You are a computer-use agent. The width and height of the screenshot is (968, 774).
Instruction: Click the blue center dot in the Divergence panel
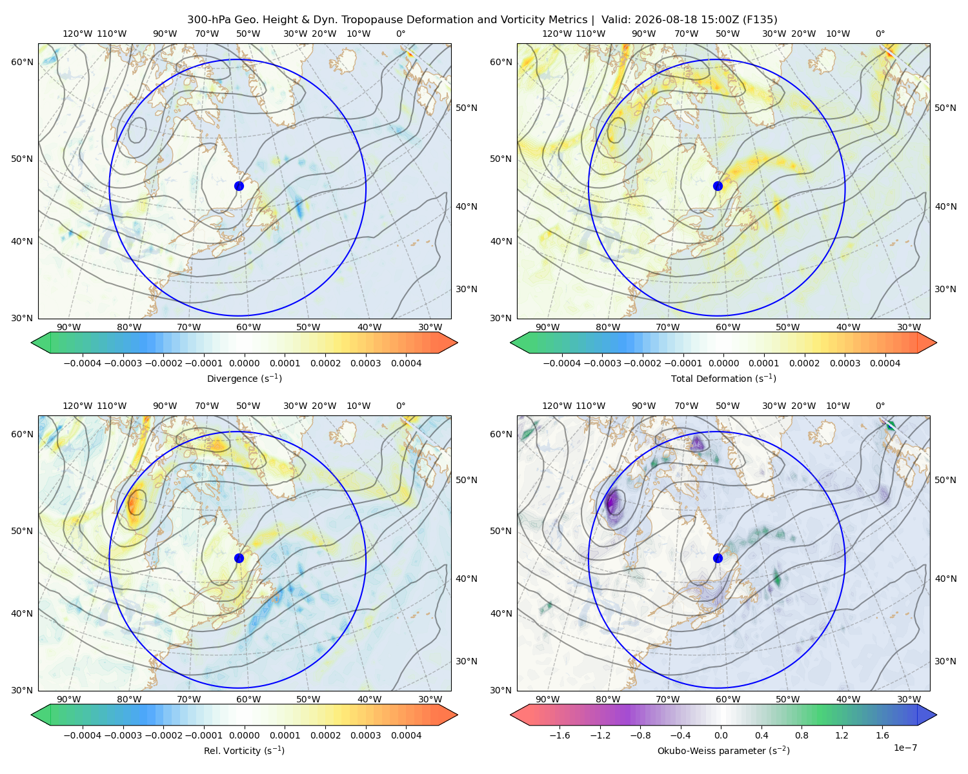239,186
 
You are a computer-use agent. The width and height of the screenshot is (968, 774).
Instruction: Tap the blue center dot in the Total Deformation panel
718,186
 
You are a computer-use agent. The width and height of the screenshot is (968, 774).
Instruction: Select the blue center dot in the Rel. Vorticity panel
239,558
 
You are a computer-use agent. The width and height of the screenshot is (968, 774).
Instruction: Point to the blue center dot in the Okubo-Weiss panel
718,558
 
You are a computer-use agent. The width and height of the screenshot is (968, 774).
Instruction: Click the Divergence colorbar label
244,378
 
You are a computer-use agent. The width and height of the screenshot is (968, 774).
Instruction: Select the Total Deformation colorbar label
723,378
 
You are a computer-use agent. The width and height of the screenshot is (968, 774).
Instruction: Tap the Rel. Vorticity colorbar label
244,750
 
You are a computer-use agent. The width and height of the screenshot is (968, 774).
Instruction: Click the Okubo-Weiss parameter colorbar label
723,750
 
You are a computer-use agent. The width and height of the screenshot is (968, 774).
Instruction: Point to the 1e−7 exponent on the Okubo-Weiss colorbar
905,748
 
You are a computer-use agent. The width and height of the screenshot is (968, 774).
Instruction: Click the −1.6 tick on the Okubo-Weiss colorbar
560,735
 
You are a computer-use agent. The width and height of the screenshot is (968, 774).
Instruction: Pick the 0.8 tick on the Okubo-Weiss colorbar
802,735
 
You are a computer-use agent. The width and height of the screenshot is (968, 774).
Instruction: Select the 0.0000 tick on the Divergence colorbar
244,363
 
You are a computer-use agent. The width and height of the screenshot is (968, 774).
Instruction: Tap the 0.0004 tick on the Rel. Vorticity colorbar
406,735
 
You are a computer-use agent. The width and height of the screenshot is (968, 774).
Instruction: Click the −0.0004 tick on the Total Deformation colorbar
562,363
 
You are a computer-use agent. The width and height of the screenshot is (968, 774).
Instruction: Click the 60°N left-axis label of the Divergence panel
22,62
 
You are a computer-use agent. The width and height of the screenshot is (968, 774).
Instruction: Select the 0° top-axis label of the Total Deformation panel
880,34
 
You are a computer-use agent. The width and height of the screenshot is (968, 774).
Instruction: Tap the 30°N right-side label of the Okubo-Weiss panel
945,661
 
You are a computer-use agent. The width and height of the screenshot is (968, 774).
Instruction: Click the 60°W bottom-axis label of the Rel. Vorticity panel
248,699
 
